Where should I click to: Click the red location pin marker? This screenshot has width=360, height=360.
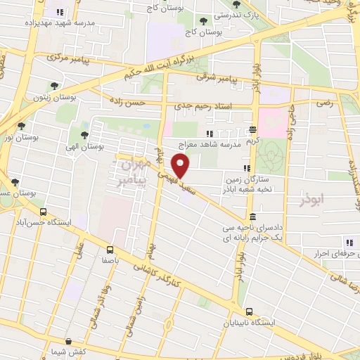(181, 165)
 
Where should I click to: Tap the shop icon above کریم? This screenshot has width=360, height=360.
(252, 130)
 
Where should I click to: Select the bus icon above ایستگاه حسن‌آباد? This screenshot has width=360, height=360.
(43, 212)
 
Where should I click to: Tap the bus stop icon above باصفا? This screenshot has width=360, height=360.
(110, 249)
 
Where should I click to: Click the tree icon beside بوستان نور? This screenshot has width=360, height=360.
(23, 125)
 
